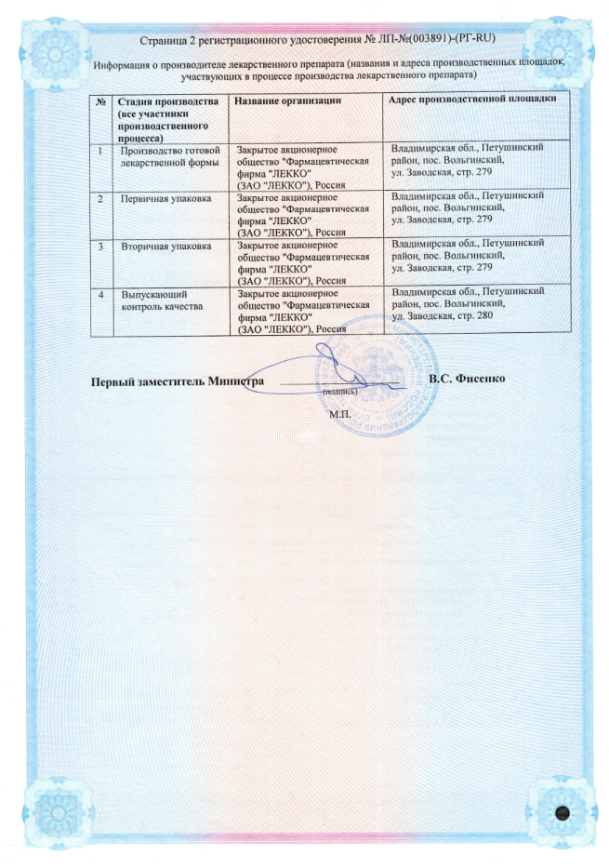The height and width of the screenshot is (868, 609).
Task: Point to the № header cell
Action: point(99,100)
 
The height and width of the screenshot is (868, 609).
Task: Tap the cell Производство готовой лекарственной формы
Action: point(169,154)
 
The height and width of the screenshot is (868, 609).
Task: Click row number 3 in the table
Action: point(100,246)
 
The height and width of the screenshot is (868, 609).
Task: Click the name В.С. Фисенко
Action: point(467,380)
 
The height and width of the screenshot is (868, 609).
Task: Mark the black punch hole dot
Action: point(561,811)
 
